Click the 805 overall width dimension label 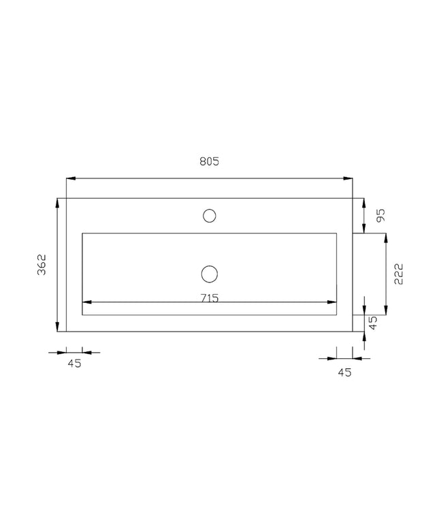click(x=209, y=161)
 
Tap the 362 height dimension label click(x=42, y=265)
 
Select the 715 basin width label click(x=210, y=298)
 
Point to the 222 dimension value click(x=398, y=274)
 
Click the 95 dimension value click(x=381, y=215)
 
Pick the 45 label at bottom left click(x=75, y=364)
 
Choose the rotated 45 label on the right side click(x=373, y=323)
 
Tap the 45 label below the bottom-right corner click(x=344, y=372)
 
